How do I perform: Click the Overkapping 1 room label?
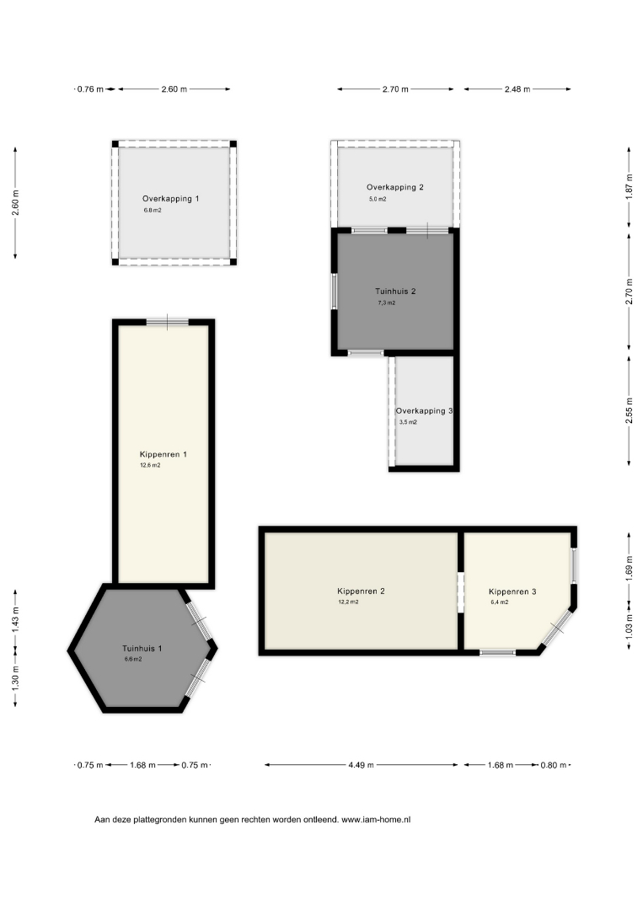pyautogui.click(x=170, y=199)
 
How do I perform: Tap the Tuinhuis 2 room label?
pyautogui.click(x=395, y=292)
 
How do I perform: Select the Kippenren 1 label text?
pyautogui.click(x=163, y=454)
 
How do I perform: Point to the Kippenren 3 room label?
pyautogui.click(x=512, y=592)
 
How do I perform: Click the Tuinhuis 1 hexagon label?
pyautogui.click(x=142, y=648)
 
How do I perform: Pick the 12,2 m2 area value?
pyautogui.click(x=348, y=602)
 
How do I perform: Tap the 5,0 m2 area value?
pyautogui.click(x=378, y=199)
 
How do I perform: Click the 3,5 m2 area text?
pyautogui.click(x=408, y=422)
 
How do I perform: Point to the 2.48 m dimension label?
pyautogui.click(x=517, y=89)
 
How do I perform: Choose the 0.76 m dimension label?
pyautogui.click(x=90, y=89)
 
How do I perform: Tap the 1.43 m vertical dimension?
pyautogui.click(x=16, y=619)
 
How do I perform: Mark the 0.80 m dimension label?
pyautogui.click(x=553, y=765)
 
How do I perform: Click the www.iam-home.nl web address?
pyautogui.click(x=376, y=820)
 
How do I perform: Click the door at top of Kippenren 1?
pyautogui.click(x=167, y=322)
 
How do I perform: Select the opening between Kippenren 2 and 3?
pyautogui.click(x=461, y=592)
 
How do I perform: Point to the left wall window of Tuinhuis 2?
pyautogui.click(x=335, y=292)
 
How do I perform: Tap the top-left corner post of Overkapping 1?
pyautogui.click(x=115, y=144)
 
